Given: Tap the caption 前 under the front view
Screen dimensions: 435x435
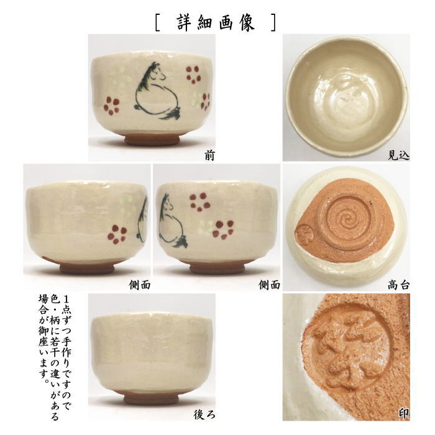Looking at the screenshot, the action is coord(209,156).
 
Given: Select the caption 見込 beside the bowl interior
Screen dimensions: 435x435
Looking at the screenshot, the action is coord(398,156).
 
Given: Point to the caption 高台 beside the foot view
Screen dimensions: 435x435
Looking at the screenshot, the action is coord(398,285).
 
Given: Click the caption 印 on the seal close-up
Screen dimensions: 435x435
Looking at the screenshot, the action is coord(404,414).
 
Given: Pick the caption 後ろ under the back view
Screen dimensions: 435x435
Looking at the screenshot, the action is coord(204,414).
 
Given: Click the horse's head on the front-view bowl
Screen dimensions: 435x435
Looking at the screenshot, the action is coord(157,71).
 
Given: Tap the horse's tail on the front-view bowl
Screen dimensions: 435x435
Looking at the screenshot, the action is coord(172,113).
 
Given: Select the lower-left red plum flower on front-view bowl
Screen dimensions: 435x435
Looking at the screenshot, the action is coord(111,106).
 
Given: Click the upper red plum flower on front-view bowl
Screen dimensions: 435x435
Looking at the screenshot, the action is coord(193,75).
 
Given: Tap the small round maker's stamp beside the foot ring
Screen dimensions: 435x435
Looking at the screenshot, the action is coord(305,234).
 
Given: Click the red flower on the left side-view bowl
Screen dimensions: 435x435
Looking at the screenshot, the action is coord(117,234).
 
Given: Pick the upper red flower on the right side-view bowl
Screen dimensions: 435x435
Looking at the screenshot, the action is coord(199,202).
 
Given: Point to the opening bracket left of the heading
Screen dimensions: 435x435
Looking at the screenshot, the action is coord(157,22).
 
